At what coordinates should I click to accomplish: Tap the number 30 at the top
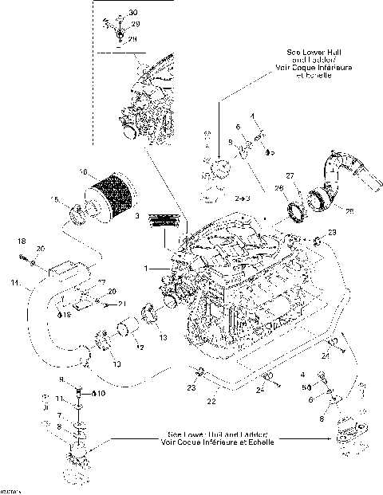tap(132, 14)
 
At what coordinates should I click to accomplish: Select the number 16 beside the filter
tap(83, 171)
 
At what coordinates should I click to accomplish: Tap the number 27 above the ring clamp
tap(290, 175)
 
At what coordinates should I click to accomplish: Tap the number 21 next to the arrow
tap(122, 304)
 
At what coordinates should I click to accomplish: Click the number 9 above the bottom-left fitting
tap(61, 379)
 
